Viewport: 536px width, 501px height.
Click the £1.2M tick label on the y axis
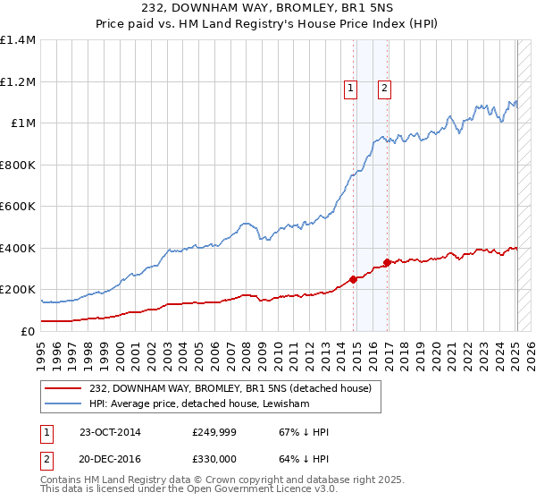[x=17, y=81]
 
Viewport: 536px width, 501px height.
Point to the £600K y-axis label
[x=17, y=207]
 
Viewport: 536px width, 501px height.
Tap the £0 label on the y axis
[x=28, y=331]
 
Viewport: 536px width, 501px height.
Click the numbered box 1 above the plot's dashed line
[x=349, y=88]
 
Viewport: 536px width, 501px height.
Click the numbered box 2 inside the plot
[x=383, y=88]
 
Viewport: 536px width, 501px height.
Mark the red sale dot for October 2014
[x=354, y=279]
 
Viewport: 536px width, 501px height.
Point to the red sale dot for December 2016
[x=388, y=262]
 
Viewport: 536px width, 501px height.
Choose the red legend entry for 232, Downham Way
[x=236, y=387]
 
